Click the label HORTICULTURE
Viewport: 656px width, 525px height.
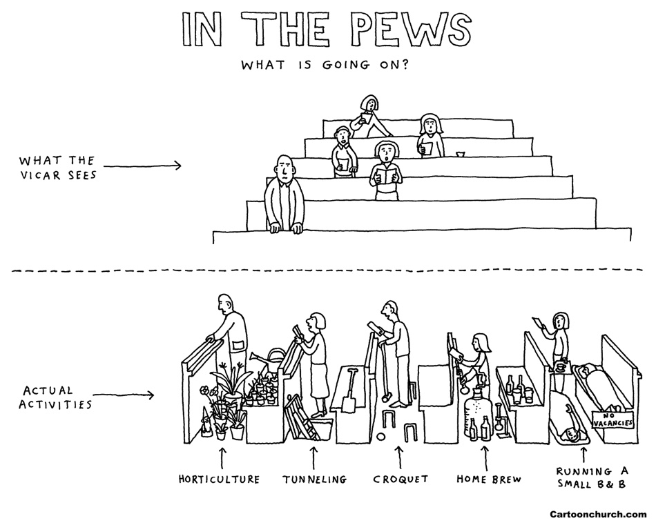click(219, 479)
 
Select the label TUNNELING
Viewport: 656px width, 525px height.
click(314, 479)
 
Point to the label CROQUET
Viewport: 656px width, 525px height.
click(401, 479)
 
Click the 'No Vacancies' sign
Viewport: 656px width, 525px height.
click(613, 418)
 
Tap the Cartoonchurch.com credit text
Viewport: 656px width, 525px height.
click(598, 514)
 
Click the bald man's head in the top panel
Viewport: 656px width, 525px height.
click(284, 166)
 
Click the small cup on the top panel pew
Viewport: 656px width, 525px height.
click(461, 152)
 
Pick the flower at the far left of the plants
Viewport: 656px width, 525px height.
click(204, 391)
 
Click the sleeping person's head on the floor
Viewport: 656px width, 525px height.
click(570, 435)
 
